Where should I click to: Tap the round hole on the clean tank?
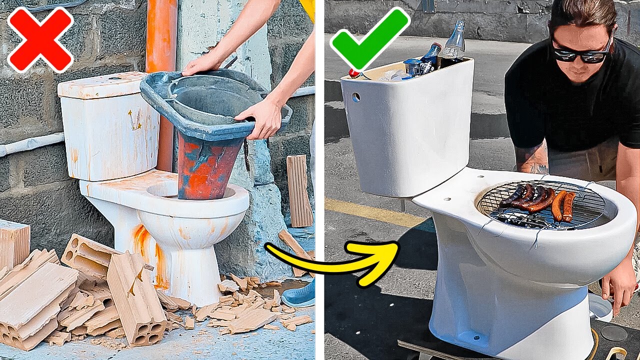point(356,97)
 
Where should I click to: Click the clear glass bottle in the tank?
point(454,45)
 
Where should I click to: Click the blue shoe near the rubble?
point(299,295)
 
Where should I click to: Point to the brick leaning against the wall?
point(299,190)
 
